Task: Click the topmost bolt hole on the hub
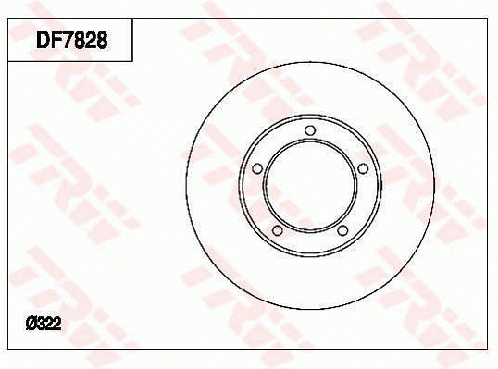click(x=310, y=129)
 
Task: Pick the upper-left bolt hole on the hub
click(x=258, y=168)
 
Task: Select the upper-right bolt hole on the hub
click(x=363, y=167)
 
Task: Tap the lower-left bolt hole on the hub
click(x=278, y=230)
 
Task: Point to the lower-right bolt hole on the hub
click(x=342, y=230)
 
